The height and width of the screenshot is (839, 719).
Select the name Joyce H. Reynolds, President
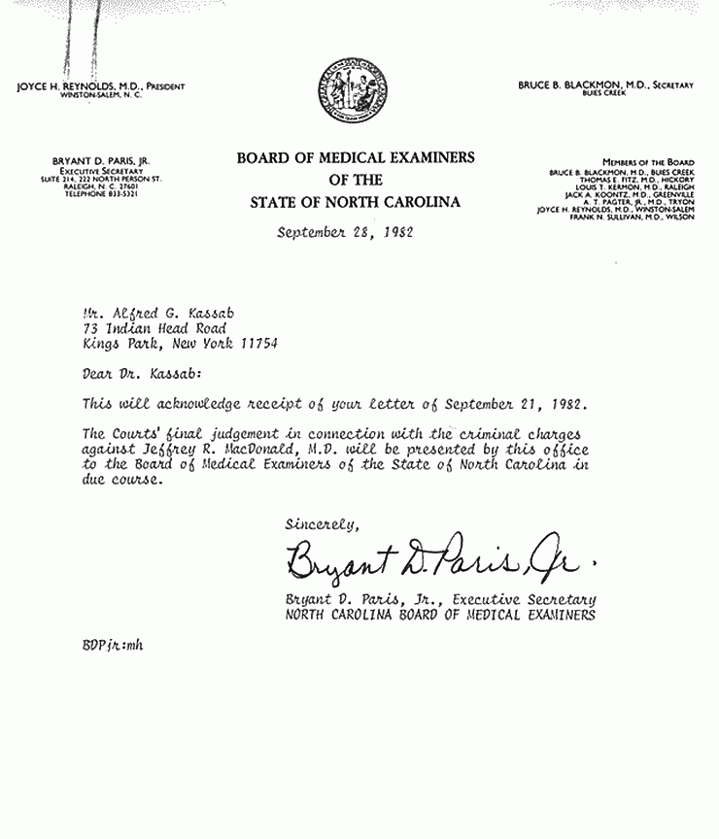click(x=101, y=86)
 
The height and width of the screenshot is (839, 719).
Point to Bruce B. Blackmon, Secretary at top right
click(x=605, y=85)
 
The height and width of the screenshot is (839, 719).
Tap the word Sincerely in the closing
click(x=322, y=523)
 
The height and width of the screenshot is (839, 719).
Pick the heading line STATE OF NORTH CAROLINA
click(x=355, y=202)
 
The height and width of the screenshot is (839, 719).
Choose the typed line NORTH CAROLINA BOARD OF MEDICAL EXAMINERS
click(x=440, y=615)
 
